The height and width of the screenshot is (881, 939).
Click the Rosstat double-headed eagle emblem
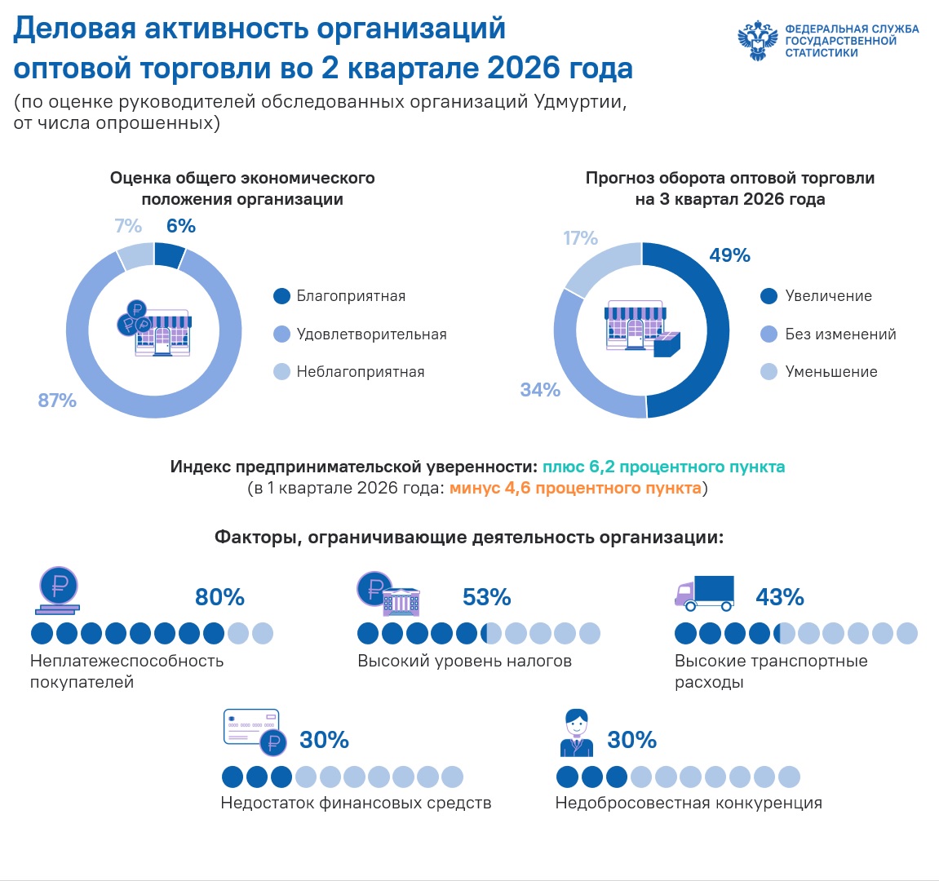pos(758,41)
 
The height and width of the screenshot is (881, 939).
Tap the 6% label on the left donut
pos(181,226)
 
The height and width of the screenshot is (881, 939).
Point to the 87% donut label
pos(57,400)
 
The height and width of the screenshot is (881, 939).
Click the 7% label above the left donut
pos(128,226)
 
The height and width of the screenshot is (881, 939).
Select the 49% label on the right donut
pos(729,255)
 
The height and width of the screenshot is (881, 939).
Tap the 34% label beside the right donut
pos(540,390)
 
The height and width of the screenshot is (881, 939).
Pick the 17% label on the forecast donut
pos(580,238)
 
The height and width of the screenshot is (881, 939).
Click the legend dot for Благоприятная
pos(281,296)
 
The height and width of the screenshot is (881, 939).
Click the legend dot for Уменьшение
pos(769,372)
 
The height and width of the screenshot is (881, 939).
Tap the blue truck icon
pos(704,593)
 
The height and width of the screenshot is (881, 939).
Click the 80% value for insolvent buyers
pos(219,597)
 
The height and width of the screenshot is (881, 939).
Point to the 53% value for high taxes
pos(487,597)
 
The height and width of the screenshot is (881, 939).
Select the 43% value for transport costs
pos(780,597)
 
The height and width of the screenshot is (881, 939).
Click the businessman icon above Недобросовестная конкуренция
pos(577,733)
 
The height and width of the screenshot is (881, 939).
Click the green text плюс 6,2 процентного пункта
pos(663,467)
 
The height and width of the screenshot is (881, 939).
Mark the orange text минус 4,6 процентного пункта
pos(575,488)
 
